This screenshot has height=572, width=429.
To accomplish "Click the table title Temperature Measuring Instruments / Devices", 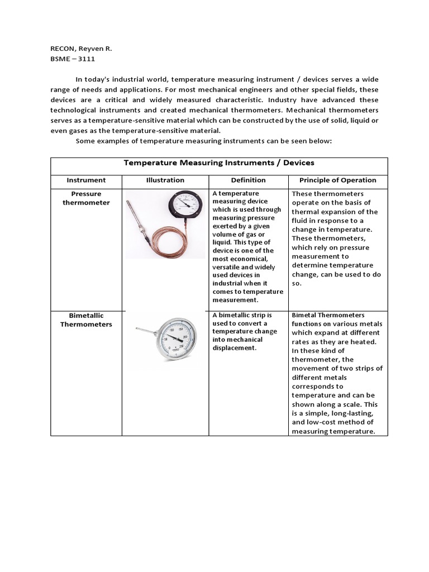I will pyautogui.click(x=219, y=163).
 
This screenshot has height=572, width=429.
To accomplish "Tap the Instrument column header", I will pyautogui.click(x=86, y=180).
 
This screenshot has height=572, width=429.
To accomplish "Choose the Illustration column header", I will pyautogui.click(x=165, y=180).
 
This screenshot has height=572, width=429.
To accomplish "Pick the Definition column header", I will pyautogui.click(x=248, y=180).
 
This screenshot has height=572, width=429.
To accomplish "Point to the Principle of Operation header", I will pyautogui.click(x=337, y=180).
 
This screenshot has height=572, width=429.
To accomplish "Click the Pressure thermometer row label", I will pyautogui.click(x=86, y=198).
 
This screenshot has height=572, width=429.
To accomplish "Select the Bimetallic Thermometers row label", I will pyautogui.click(x=86, y=320).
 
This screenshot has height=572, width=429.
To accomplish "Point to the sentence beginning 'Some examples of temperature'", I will pyautogui.click(x=204, y=141).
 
